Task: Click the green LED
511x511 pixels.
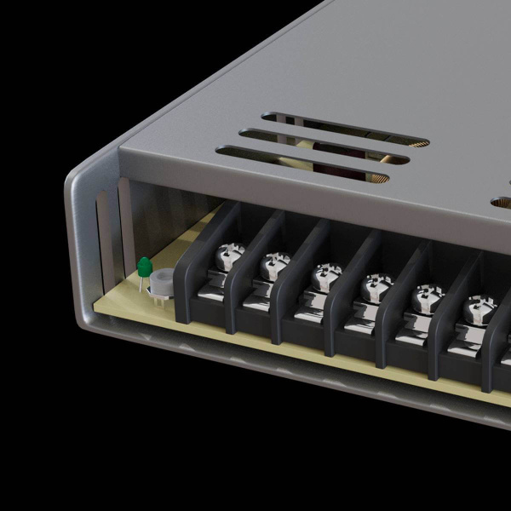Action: pyautogui.click(x=144, y=267)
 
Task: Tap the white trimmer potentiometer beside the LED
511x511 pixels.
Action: pyautogui.click(x=161, y=281)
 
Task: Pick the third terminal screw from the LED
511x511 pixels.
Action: pyautogui.click(x=324, y=276)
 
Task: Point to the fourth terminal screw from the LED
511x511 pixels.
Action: pyautogui.click(x=374, y=287)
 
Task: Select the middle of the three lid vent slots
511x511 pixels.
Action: pyautogui.click(x=324, y=146)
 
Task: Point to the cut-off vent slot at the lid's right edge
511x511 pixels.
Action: pyautogui.click(x=502, y=203)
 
